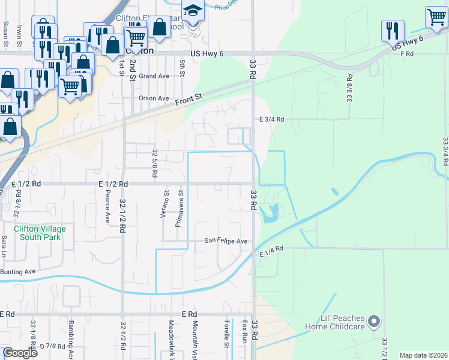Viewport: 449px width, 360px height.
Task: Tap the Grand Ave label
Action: (x=154, y=76)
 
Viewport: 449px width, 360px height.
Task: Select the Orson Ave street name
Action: (x=154, y=98)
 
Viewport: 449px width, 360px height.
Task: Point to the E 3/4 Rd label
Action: (x=271, y=119)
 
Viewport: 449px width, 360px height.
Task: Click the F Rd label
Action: (x=407, y=54)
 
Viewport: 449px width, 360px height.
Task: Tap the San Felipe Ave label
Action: (x=226, y=241)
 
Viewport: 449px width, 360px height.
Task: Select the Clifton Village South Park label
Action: (x=40, y=233)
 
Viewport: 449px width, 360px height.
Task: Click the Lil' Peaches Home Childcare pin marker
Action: (x=375, y=321)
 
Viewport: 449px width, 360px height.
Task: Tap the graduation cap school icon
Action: (x=193, y=12)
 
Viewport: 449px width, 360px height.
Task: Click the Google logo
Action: (x=20, y=352)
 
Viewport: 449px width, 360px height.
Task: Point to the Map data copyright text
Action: (x=423, y=355)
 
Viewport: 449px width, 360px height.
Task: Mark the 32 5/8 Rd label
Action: (x=155, y=163)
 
